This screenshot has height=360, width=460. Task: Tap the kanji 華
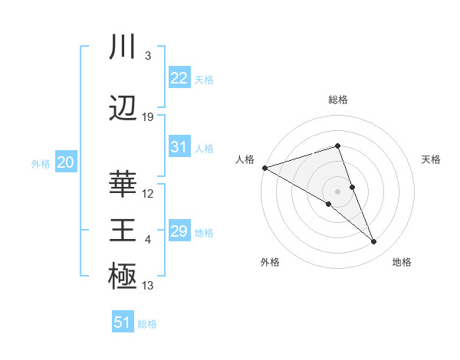point(123,184)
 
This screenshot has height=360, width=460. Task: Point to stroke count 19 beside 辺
point(148,117)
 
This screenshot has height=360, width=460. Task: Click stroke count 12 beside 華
point(148,194)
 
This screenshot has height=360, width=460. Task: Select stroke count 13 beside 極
point(148,286)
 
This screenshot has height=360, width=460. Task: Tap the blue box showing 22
point(179,77)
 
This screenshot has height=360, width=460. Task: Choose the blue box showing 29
point(179,231)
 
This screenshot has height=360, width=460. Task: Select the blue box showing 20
point(66,162)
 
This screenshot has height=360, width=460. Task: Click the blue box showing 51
point(123,322)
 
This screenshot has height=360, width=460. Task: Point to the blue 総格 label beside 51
point(147,324)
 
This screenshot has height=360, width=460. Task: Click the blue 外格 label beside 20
point(41,164)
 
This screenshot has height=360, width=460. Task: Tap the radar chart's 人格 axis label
point(245,159)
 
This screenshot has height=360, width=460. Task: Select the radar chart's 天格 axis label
point(431,159)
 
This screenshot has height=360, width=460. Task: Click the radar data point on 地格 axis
point(374,242)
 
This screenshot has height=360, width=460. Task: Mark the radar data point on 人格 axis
point(264,167)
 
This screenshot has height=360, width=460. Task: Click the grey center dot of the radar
point(338,191)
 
